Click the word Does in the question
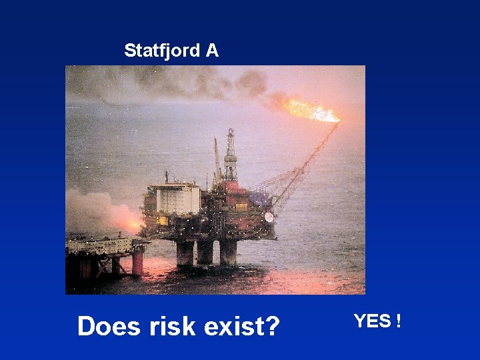tap(107, 327)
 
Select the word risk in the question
tap(167, 327)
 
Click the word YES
tap(372, 321)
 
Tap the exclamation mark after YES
tap(398, 321)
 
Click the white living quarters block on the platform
tap(177, 199)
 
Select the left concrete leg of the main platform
tap(185, 253)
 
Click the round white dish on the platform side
tap(269, 217)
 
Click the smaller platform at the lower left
tap(103, 253)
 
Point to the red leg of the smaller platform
tap(137, 263)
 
